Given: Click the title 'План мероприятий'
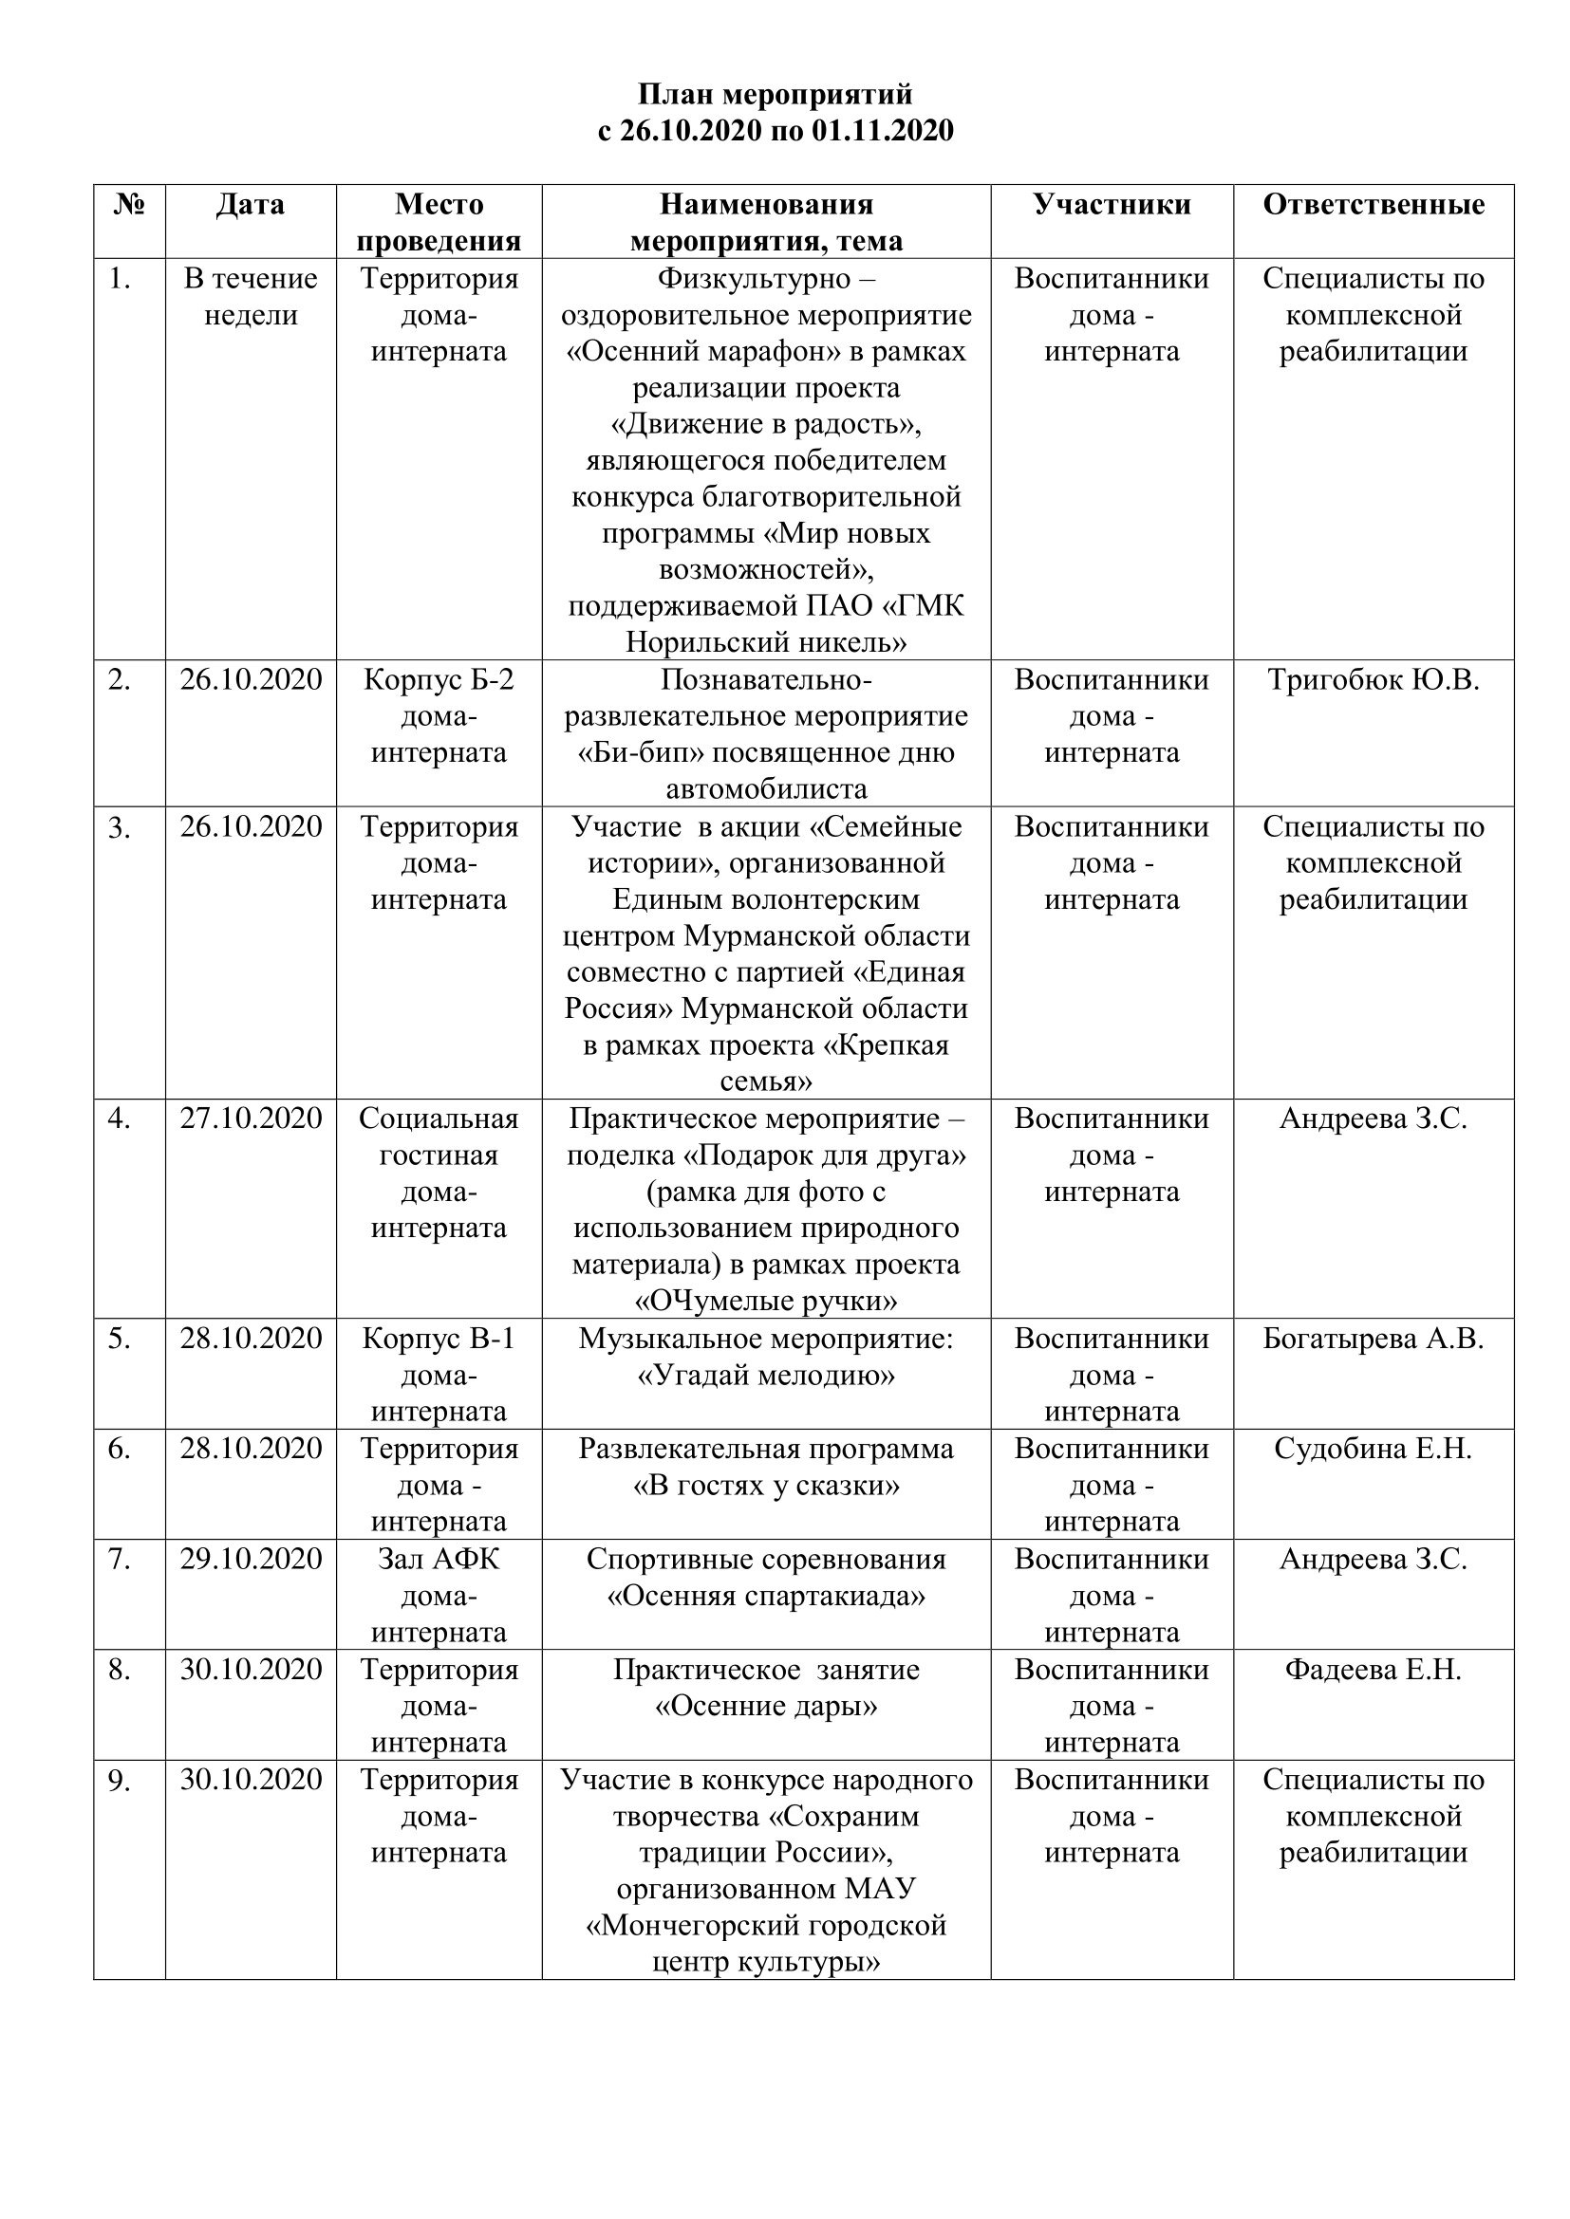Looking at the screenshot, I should (775, 95).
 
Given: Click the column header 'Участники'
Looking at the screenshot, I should (1112, 205).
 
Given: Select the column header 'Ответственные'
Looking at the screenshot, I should (1373, 205).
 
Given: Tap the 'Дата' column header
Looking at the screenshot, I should (251, 205).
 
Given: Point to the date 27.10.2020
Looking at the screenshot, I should (251, 1119).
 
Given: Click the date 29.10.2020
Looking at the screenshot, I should (251, 1559).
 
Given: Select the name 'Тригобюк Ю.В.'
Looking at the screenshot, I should (1373, 680).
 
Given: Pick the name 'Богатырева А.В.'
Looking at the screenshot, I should (1373, 1339).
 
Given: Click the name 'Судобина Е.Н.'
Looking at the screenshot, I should (1373, 1449).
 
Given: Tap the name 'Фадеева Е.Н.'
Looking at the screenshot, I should (1373, 1669).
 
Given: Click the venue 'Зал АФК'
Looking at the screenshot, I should (439, 1559).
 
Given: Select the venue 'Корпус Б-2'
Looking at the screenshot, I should (439, 680).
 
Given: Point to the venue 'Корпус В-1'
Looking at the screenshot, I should (439, 1339).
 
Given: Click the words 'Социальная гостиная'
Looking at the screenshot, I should (439, 1137).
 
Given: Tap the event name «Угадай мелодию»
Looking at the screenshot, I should (766, 1376).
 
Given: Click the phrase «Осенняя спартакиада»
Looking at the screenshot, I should (766, 1596).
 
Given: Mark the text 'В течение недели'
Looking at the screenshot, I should (251, 297).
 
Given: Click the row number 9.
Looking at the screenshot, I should (119, 1780).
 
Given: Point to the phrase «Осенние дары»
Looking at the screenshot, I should (766, 1706).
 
